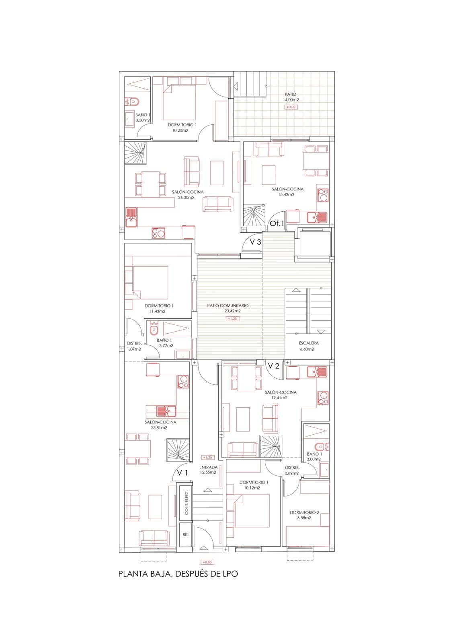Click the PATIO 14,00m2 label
(x=291, y=97)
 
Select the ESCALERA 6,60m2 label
(x=309, y=346)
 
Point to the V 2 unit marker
(x=274, y=366)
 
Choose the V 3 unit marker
(x=255, y=242)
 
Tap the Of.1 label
(x=277, y=223)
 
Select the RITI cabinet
(x=185, y=535)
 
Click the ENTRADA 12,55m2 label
(x=208, y=470)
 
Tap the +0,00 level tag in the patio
(x=291, y=107)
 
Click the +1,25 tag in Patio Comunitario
(x=233, y=318)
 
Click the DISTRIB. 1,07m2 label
(x=134, y=346)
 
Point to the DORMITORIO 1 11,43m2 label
(x=159, y=308)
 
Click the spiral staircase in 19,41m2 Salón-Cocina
(x=271, y=446)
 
